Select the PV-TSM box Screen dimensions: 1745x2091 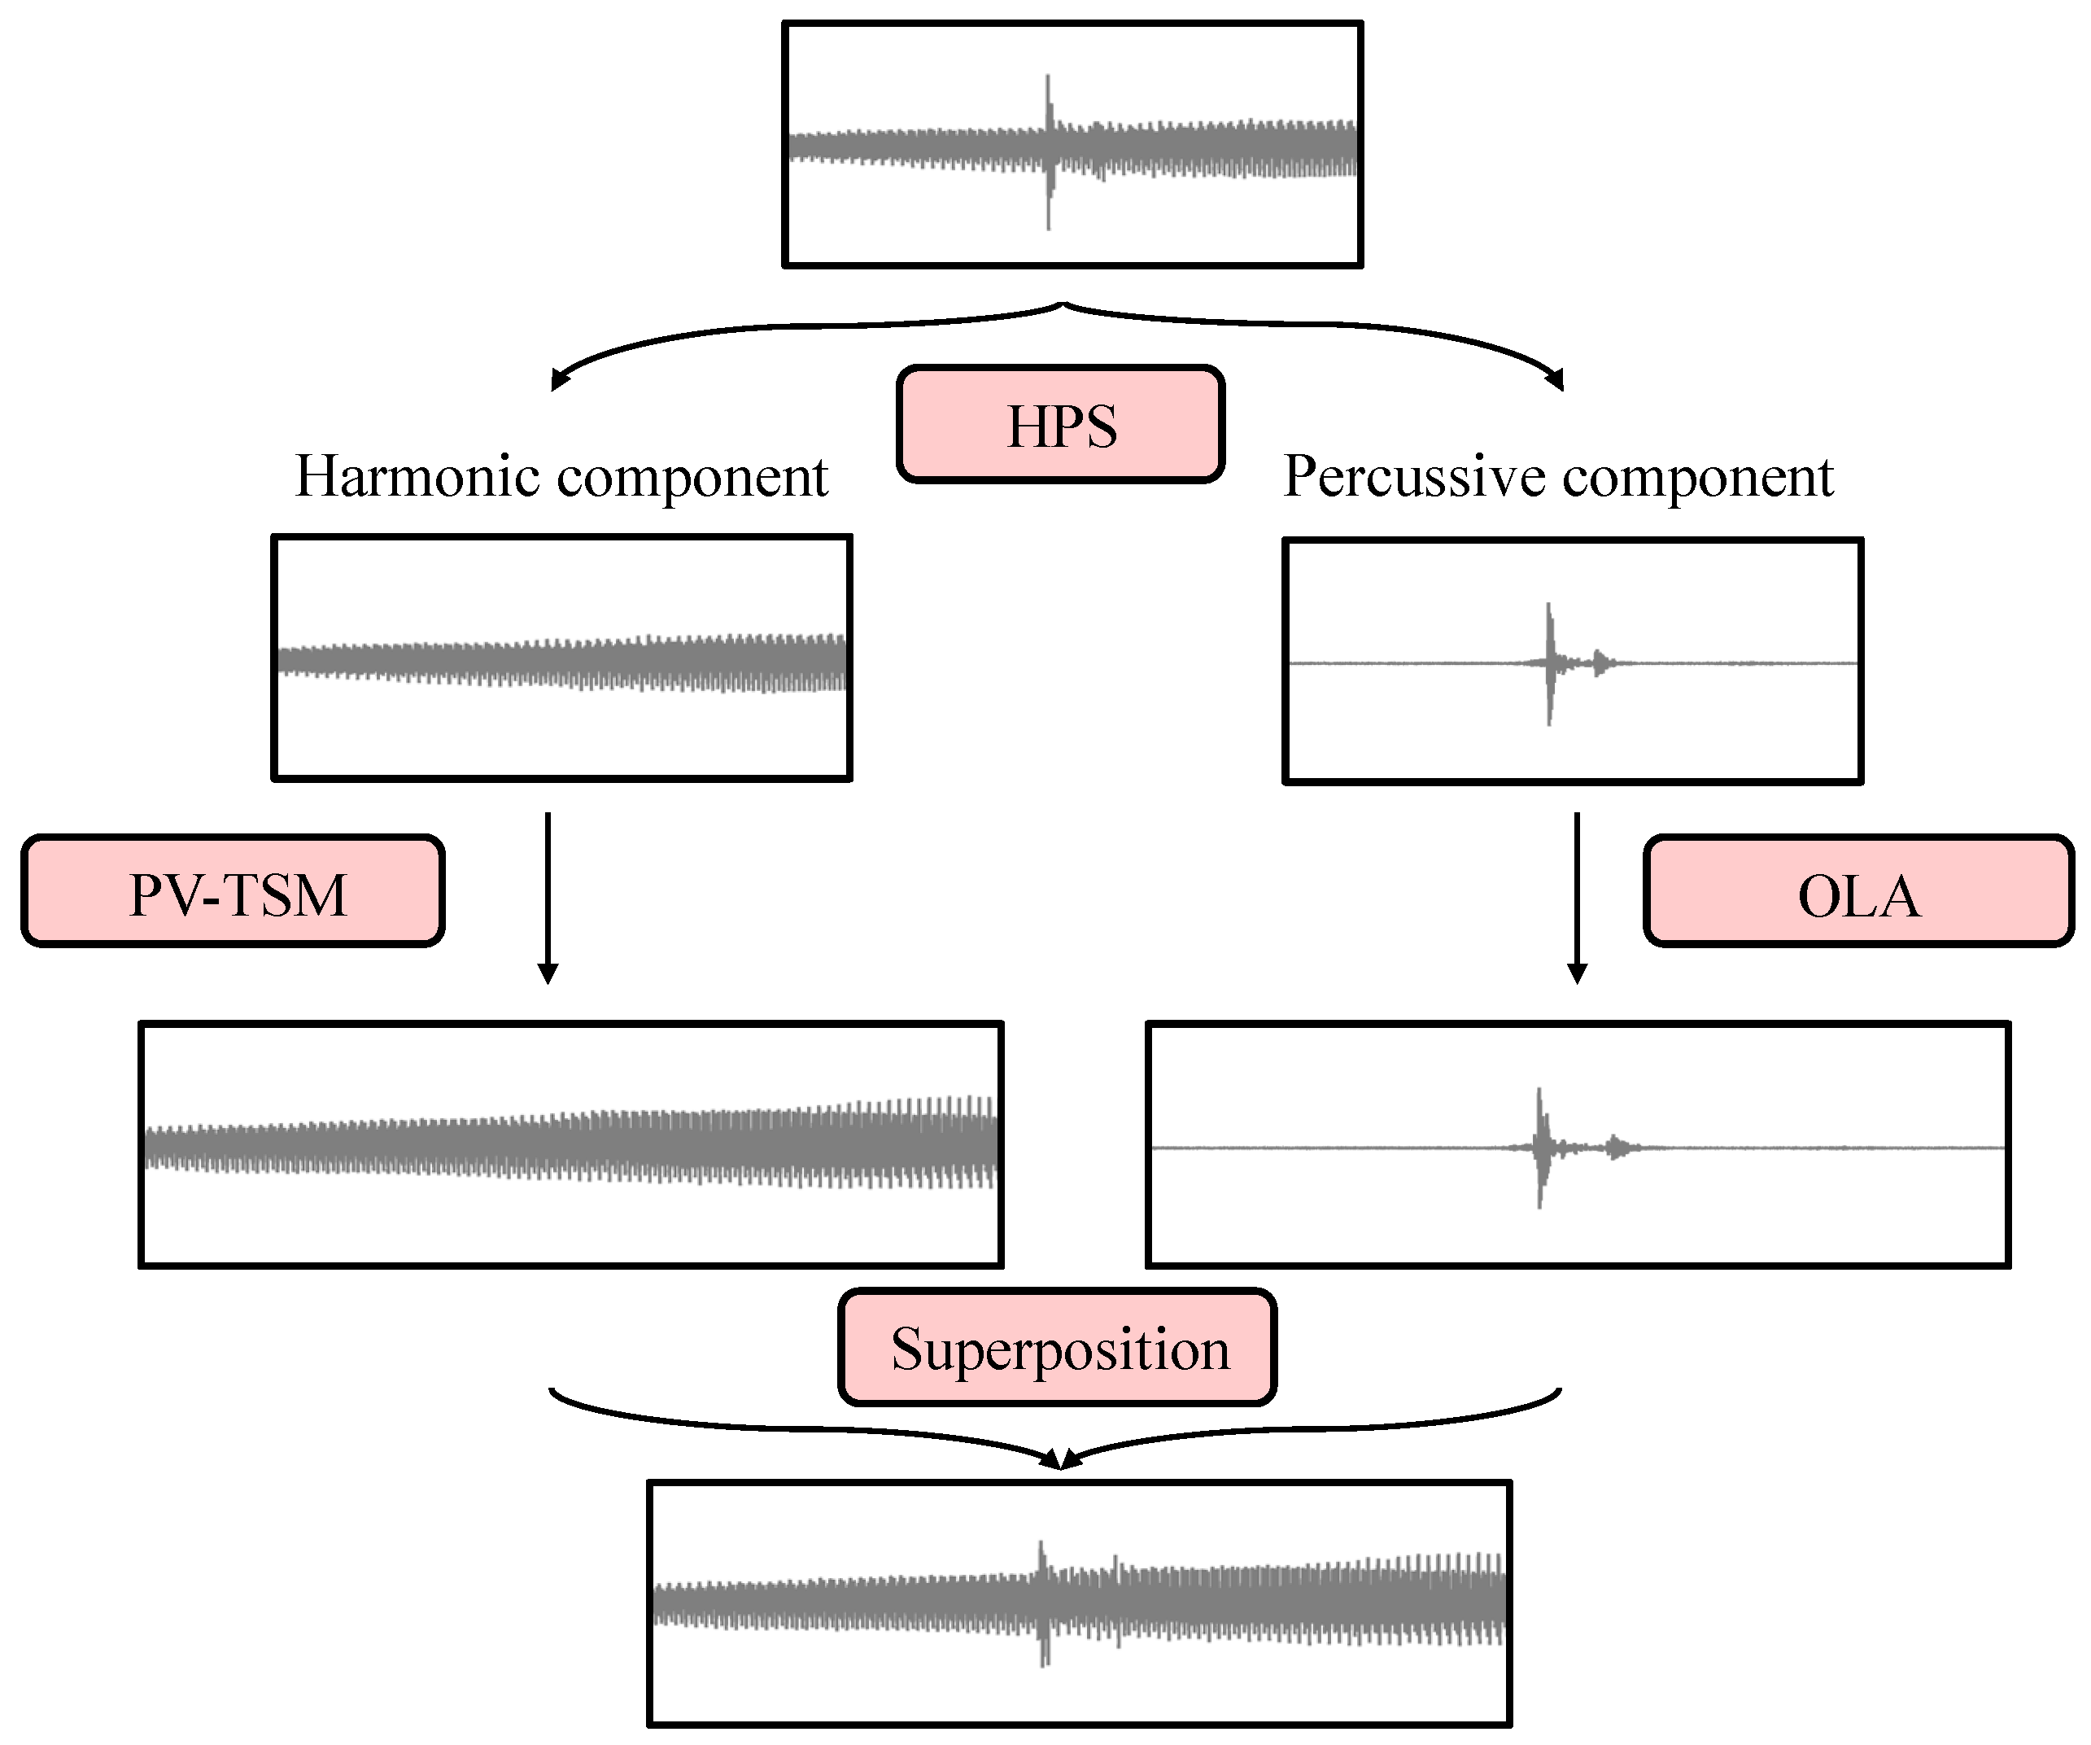pos(233,891)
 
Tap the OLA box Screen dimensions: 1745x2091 pos(1858,892)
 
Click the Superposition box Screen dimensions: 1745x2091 pos(1058,1349)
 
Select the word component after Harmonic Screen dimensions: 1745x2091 pos(692,478)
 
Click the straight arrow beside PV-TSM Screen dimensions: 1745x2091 pos(548,896)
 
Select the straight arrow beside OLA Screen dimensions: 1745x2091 pos(1578,896)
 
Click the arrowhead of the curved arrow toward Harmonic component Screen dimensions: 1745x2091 pos(559,379)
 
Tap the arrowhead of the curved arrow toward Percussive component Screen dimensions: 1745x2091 pos(1556,379)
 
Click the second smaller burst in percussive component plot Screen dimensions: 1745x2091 pos(1601,662)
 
